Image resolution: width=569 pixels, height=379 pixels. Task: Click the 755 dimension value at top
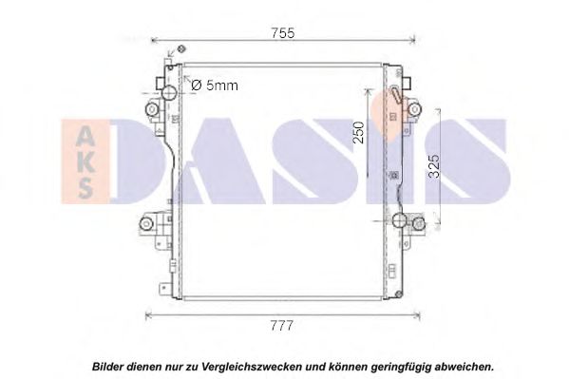coord(283,33)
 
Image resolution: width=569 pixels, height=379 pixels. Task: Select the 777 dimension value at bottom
coord(281,326)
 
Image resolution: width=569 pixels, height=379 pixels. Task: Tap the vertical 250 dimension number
coord(358,132)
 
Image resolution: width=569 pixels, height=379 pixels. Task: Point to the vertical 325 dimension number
coord(434,166)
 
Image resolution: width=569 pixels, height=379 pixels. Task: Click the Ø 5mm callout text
coord(215,85)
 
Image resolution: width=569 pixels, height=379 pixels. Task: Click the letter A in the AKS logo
coord(85,138)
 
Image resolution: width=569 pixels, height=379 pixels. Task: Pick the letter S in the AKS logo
coord(85,188)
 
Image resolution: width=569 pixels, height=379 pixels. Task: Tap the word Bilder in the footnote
coord(107,367)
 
